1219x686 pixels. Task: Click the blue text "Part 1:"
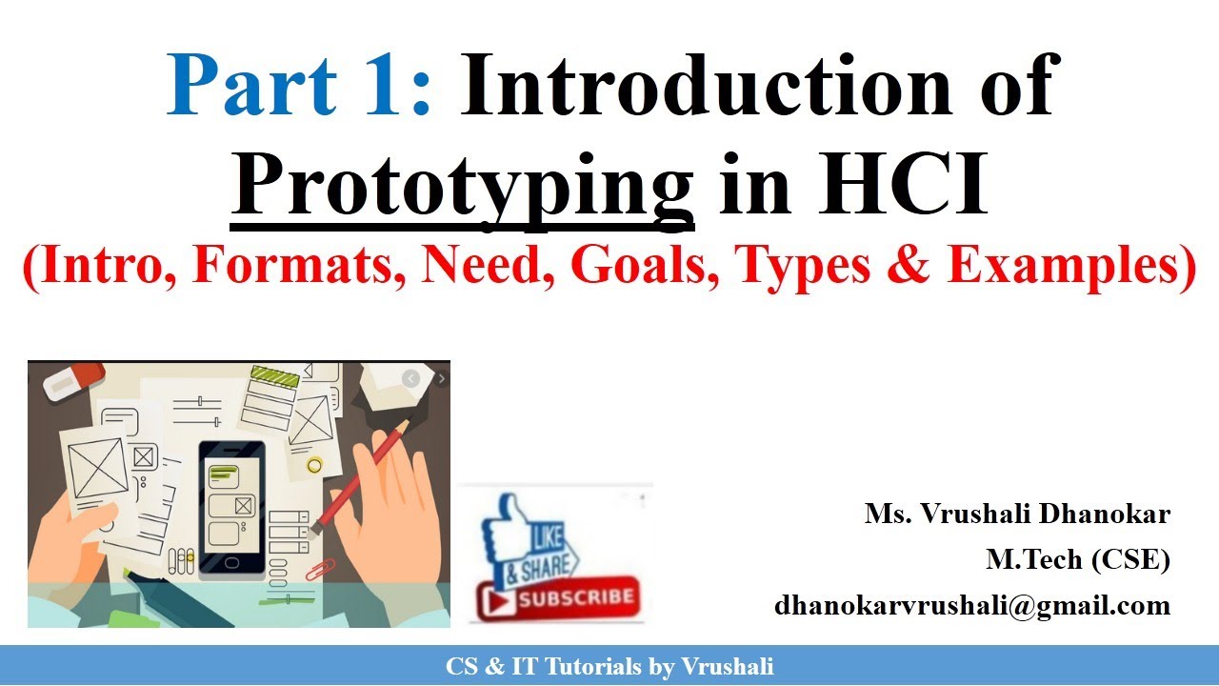(300, 86)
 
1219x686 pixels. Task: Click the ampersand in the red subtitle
(912, 266)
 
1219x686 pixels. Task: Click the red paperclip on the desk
(317, 571)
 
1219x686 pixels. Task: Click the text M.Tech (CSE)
(1077, 559)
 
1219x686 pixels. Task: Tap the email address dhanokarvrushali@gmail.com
(971, 604)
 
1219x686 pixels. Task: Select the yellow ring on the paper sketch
(313, 465)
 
